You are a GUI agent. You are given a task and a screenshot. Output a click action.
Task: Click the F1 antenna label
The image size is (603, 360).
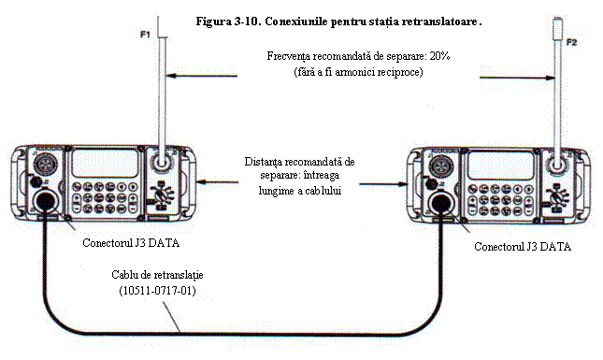145,35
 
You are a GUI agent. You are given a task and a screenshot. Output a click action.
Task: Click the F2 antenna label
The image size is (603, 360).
572,42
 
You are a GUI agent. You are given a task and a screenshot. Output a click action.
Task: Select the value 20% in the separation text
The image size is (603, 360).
440,56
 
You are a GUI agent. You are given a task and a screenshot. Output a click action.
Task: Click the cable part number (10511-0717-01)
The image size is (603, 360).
157,291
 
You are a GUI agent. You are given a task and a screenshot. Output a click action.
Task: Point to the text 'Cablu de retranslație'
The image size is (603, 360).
157,275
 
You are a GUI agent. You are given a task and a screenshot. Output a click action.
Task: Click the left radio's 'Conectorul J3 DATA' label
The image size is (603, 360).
131,243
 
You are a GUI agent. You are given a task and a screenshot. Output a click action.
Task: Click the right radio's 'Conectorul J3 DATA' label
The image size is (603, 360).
523,247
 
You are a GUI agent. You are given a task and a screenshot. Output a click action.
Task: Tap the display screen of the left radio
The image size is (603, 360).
105,164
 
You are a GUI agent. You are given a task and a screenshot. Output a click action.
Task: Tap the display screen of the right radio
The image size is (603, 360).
501,166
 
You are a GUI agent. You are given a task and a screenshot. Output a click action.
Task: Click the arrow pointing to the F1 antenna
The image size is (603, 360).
203,76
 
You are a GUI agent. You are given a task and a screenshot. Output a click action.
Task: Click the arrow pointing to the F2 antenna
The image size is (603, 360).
517,78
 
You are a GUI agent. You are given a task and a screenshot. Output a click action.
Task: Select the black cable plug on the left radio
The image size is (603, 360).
46,200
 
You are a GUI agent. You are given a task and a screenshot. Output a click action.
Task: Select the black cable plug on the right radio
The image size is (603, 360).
441,203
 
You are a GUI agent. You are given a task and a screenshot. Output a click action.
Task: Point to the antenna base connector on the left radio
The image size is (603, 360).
161,162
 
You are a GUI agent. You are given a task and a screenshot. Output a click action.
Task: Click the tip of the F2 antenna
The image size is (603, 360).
557,18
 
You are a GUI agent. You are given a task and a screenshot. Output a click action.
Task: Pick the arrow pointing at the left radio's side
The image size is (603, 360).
217,181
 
